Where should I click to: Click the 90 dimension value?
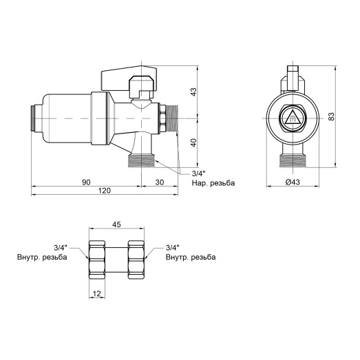87,182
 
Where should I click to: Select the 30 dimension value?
160,182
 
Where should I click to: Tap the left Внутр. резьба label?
42,257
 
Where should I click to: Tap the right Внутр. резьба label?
191,257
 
